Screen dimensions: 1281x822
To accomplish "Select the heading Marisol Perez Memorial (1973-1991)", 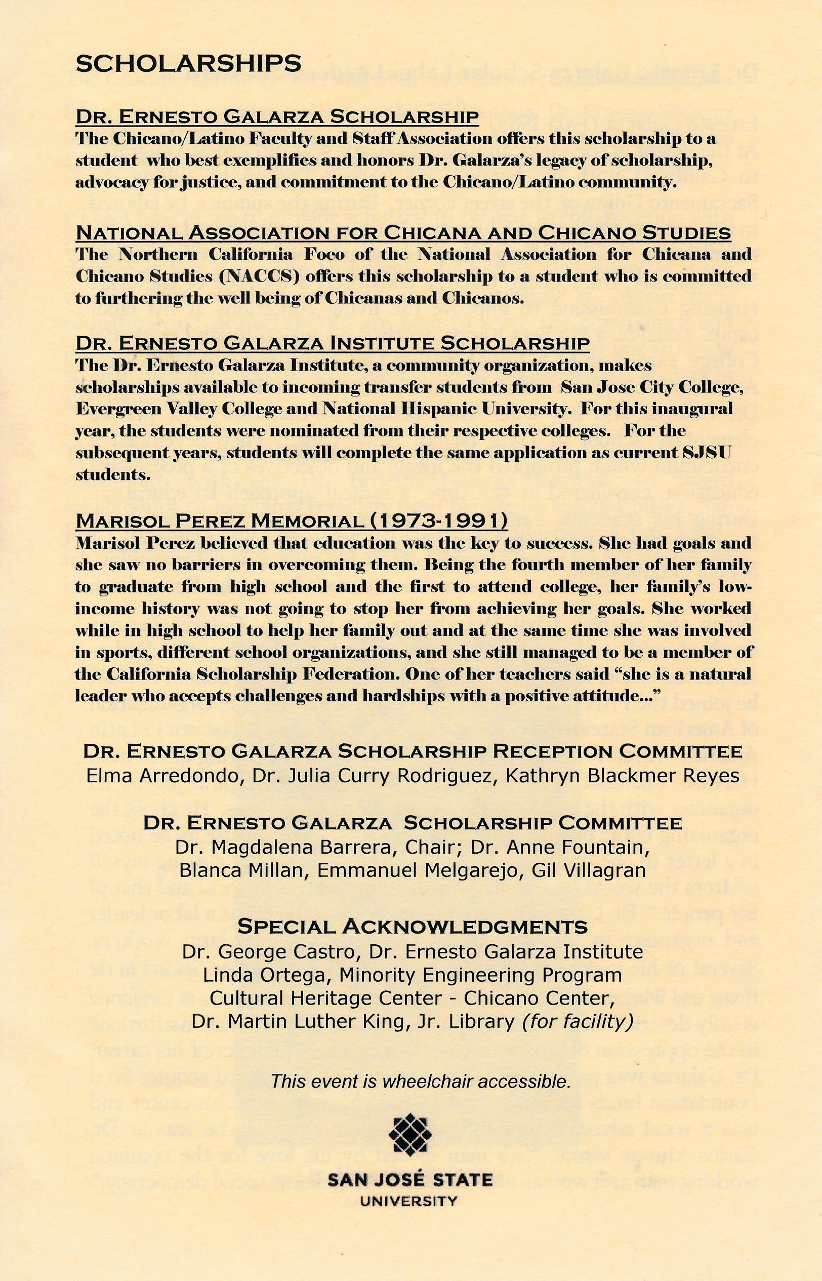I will click(292, 520).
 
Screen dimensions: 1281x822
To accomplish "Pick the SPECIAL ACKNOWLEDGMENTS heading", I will click(412, 927).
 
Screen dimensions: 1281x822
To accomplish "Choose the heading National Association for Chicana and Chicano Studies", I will click(403, 233).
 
